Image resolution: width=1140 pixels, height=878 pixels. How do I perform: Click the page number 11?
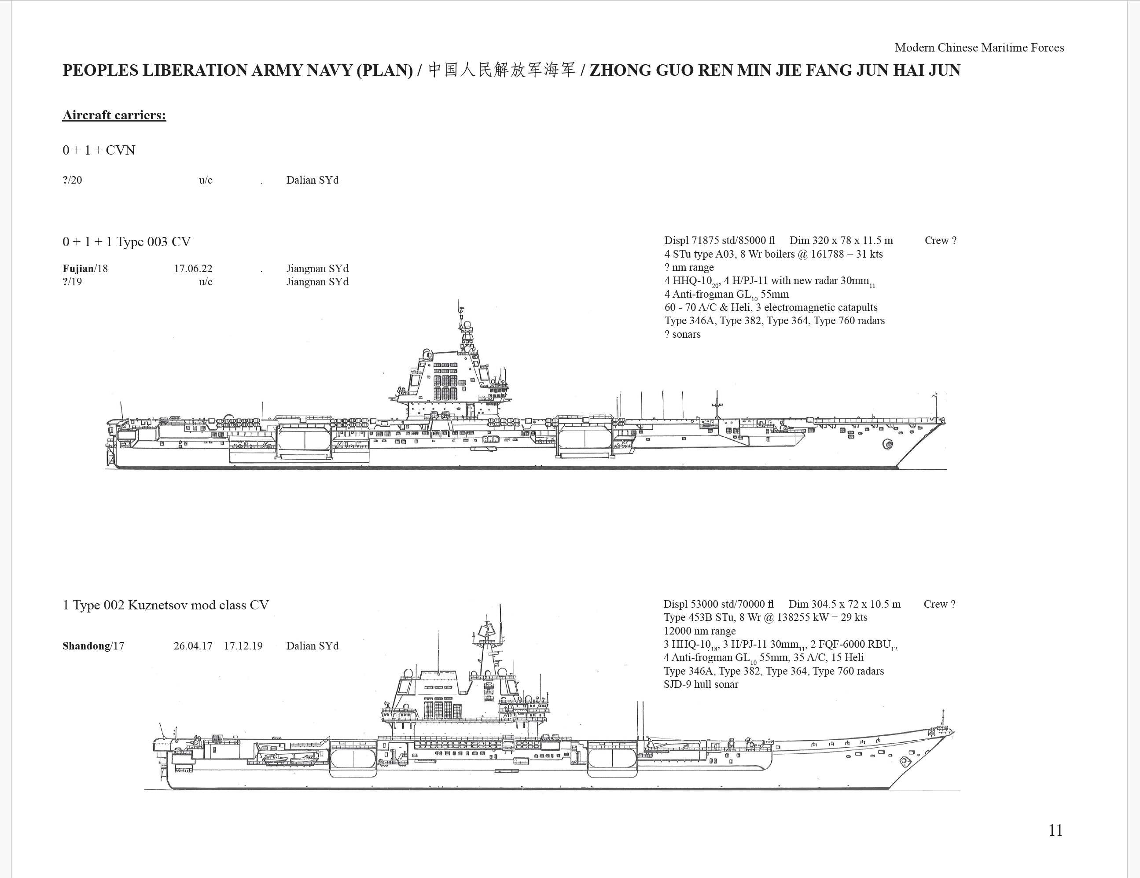coord(1055,830)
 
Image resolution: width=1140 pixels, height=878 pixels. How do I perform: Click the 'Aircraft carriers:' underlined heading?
coord(114,115)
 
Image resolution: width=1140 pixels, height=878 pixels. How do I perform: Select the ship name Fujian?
coord(78,269)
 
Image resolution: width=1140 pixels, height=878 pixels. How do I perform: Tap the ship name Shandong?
coord(86,646)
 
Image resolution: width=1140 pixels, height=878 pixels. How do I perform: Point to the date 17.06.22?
coord(193,269)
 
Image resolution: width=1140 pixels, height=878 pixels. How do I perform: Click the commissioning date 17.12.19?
coord(243,646)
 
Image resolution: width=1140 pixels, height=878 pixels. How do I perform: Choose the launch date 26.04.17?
coord(193,646)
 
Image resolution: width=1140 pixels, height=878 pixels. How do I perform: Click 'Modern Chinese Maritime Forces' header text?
coord(979,48)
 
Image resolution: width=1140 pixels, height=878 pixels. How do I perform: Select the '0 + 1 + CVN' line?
coord(99,151)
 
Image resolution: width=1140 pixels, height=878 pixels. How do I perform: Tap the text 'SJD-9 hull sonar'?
coord(701,684)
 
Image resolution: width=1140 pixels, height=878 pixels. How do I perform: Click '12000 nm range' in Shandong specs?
coord(699,631)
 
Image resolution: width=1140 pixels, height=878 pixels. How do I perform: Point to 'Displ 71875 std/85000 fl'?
coord(719,241)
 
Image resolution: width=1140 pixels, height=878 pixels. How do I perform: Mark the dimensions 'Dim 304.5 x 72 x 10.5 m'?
coord(845,604)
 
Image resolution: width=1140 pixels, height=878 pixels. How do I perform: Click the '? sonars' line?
coord(682,334)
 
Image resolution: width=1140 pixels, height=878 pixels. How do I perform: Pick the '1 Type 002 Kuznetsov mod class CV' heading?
coord(165,605)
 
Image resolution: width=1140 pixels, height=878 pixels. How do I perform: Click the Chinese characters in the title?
coord(502,70)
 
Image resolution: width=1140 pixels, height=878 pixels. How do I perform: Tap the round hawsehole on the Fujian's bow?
coord(887,444)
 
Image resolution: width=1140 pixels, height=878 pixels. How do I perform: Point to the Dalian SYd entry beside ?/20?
coord(312,180)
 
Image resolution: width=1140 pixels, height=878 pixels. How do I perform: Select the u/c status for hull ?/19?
coord(206,282)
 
